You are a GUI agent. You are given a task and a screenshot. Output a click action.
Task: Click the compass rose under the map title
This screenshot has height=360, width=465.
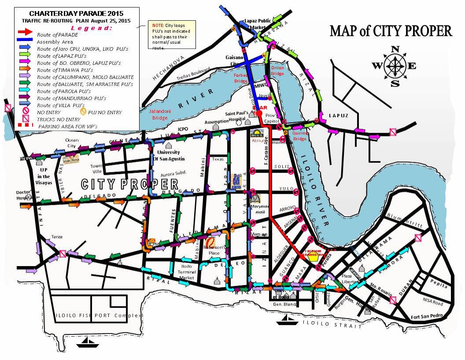[395, 66]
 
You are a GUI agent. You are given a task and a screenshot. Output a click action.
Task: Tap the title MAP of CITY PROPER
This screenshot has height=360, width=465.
[391, 31]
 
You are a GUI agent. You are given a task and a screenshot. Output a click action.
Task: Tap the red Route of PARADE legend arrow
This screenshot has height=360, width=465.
[26, 32]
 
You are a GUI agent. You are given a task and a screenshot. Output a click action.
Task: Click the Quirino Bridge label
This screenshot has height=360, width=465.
[299, 136]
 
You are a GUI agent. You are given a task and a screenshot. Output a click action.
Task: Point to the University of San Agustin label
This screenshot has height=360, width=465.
[169, 155]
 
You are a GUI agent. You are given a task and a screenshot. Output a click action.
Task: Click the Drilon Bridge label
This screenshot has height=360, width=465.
[277, 71]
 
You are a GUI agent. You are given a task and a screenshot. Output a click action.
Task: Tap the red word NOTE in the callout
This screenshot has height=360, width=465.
[158, 26]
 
